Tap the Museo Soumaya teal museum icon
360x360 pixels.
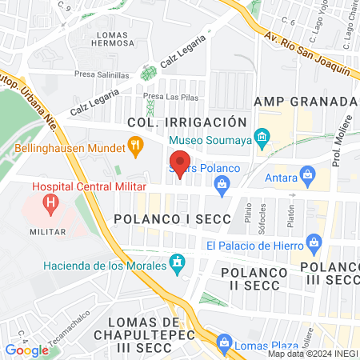pyautogui.click(x=262, y=138)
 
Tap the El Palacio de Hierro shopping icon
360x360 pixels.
pyautogui.click(x=314, y=242)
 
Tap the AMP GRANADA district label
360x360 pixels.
pyautogui.click(x=305, y=102)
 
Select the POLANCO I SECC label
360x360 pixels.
pyautogui.click(x=172, y=218)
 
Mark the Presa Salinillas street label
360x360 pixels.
pyautogui.click(x=103, y=74)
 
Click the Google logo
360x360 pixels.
pyautogui.click(x=26, y=350)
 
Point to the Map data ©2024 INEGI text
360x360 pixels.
pyautogui.click(x=313, y=354)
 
